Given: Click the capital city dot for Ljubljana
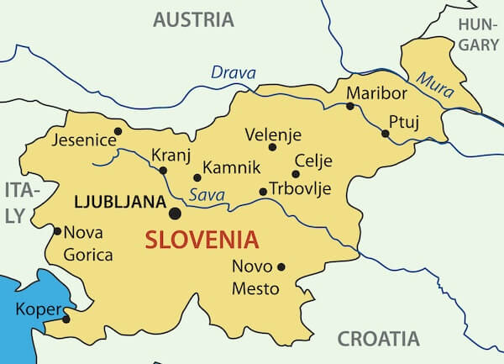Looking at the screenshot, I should pyautogui.click(x=175, y=214).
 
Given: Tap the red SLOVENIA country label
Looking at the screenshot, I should pyautogui.click(x=202, y=240).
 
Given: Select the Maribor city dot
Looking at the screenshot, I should pyautogui.click(x=350, y=106).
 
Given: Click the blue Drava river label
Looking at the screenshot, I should pyautogui.click(x=233, y=73).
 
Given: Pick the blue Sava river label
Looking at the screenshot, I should pyautogui.click(x=206, y=195).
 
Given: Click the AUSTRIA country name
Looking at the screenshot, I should pyautogui.click(x=193, y=19).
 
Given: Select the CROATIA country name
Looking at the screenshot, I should pyautogui.click(x=378, y=339).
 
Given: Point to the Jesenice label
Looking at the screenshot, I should pyautogui.click(x=81, y=139).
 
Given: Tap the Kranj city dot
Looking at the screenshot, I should pyautogui.click(x=163, y=171).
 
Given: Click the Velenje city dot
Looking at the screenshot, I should pyautogui.click(x=272, y=147).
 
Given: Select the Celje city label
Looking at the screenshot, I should pyautogui.click(x=313, y=161).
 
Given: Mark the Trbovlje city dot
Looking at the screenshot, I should pyautogui.click(x=263, y=192).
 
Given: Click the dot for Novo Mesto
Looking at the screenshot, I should pyautogui.click(x=281, y=267).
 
